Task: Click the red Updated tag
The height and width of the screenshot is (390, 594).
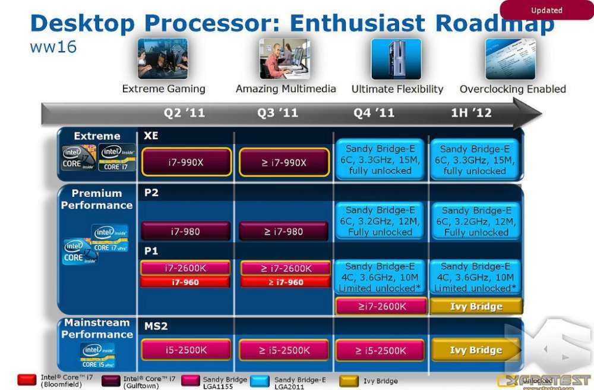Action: tap(546, 10)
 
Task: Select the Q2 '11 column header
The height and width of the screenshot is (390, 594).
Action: tap(184, 113)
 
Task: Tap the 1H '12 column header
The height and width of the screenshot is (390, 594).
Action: tap(471, 113)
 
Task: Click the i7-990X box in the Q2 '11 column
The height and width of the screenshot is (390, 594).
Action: tap(186, 162)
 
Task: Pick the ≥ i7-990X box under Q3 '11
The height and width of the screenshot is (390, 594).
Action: tap(284, 162)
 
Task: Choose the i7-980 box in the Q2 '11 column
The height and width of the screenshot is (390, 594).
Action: tap(186, 231)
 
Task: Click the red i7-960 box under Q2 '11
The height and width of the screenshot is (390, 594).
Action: tap(186, 282)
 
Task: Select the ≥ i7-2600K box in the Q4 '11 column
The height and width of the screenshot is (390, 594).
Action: tap(381, 306)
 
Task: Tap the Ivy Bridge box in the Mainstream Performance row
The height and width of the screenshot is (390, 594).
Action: tap(476, 350)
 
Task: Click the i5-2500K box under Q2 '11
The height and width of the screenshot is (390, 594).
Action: tap(186, 350)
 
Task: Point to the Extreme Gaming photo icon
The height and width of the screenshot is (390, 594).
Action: tap(163, 59)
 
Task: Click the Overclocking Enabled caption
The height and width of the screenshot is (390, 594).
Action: tap(513, 89)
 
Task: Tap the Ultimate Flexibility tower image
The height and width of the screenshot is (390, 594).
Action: tap(396, 59)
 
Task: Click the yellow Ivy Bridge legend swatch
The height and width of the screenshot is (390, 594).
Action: tap(349, 380)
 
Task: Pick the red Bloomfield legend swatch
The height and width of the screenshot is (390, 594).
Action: tap(27, 380)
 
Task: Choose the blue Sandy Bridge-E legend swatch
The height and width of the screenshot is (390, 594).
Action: tap(260, 380)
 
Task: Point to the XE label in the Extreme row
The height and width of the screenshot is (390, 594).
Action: tap(151, 136)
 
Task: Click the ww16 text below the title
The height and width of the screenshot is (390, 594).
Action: tap(53, 47)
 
